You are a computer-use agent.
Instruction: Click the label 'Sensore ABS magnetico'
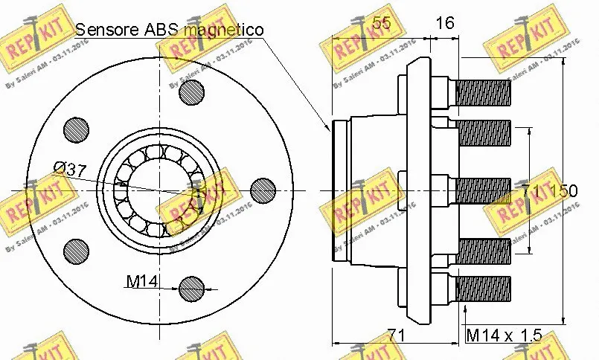(x=170, y=30)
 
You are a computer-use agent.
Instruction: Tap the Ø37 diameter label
(x=68, y=170)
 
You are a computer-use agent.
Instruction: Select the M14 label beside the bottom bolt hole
(x=141, y=281)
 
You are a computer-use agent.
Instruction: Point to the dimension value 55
(x=381, y=23)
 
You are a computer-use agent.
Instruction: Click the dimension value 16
(x=444, y=23)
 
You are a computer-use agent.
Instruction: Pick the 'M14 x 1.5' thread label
(x=502, y=335)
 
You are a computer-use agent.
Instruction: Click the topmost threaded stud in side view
(x=482, y=93)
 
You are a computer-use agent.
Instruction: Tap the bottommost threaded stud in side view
(x=482, y=288)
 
